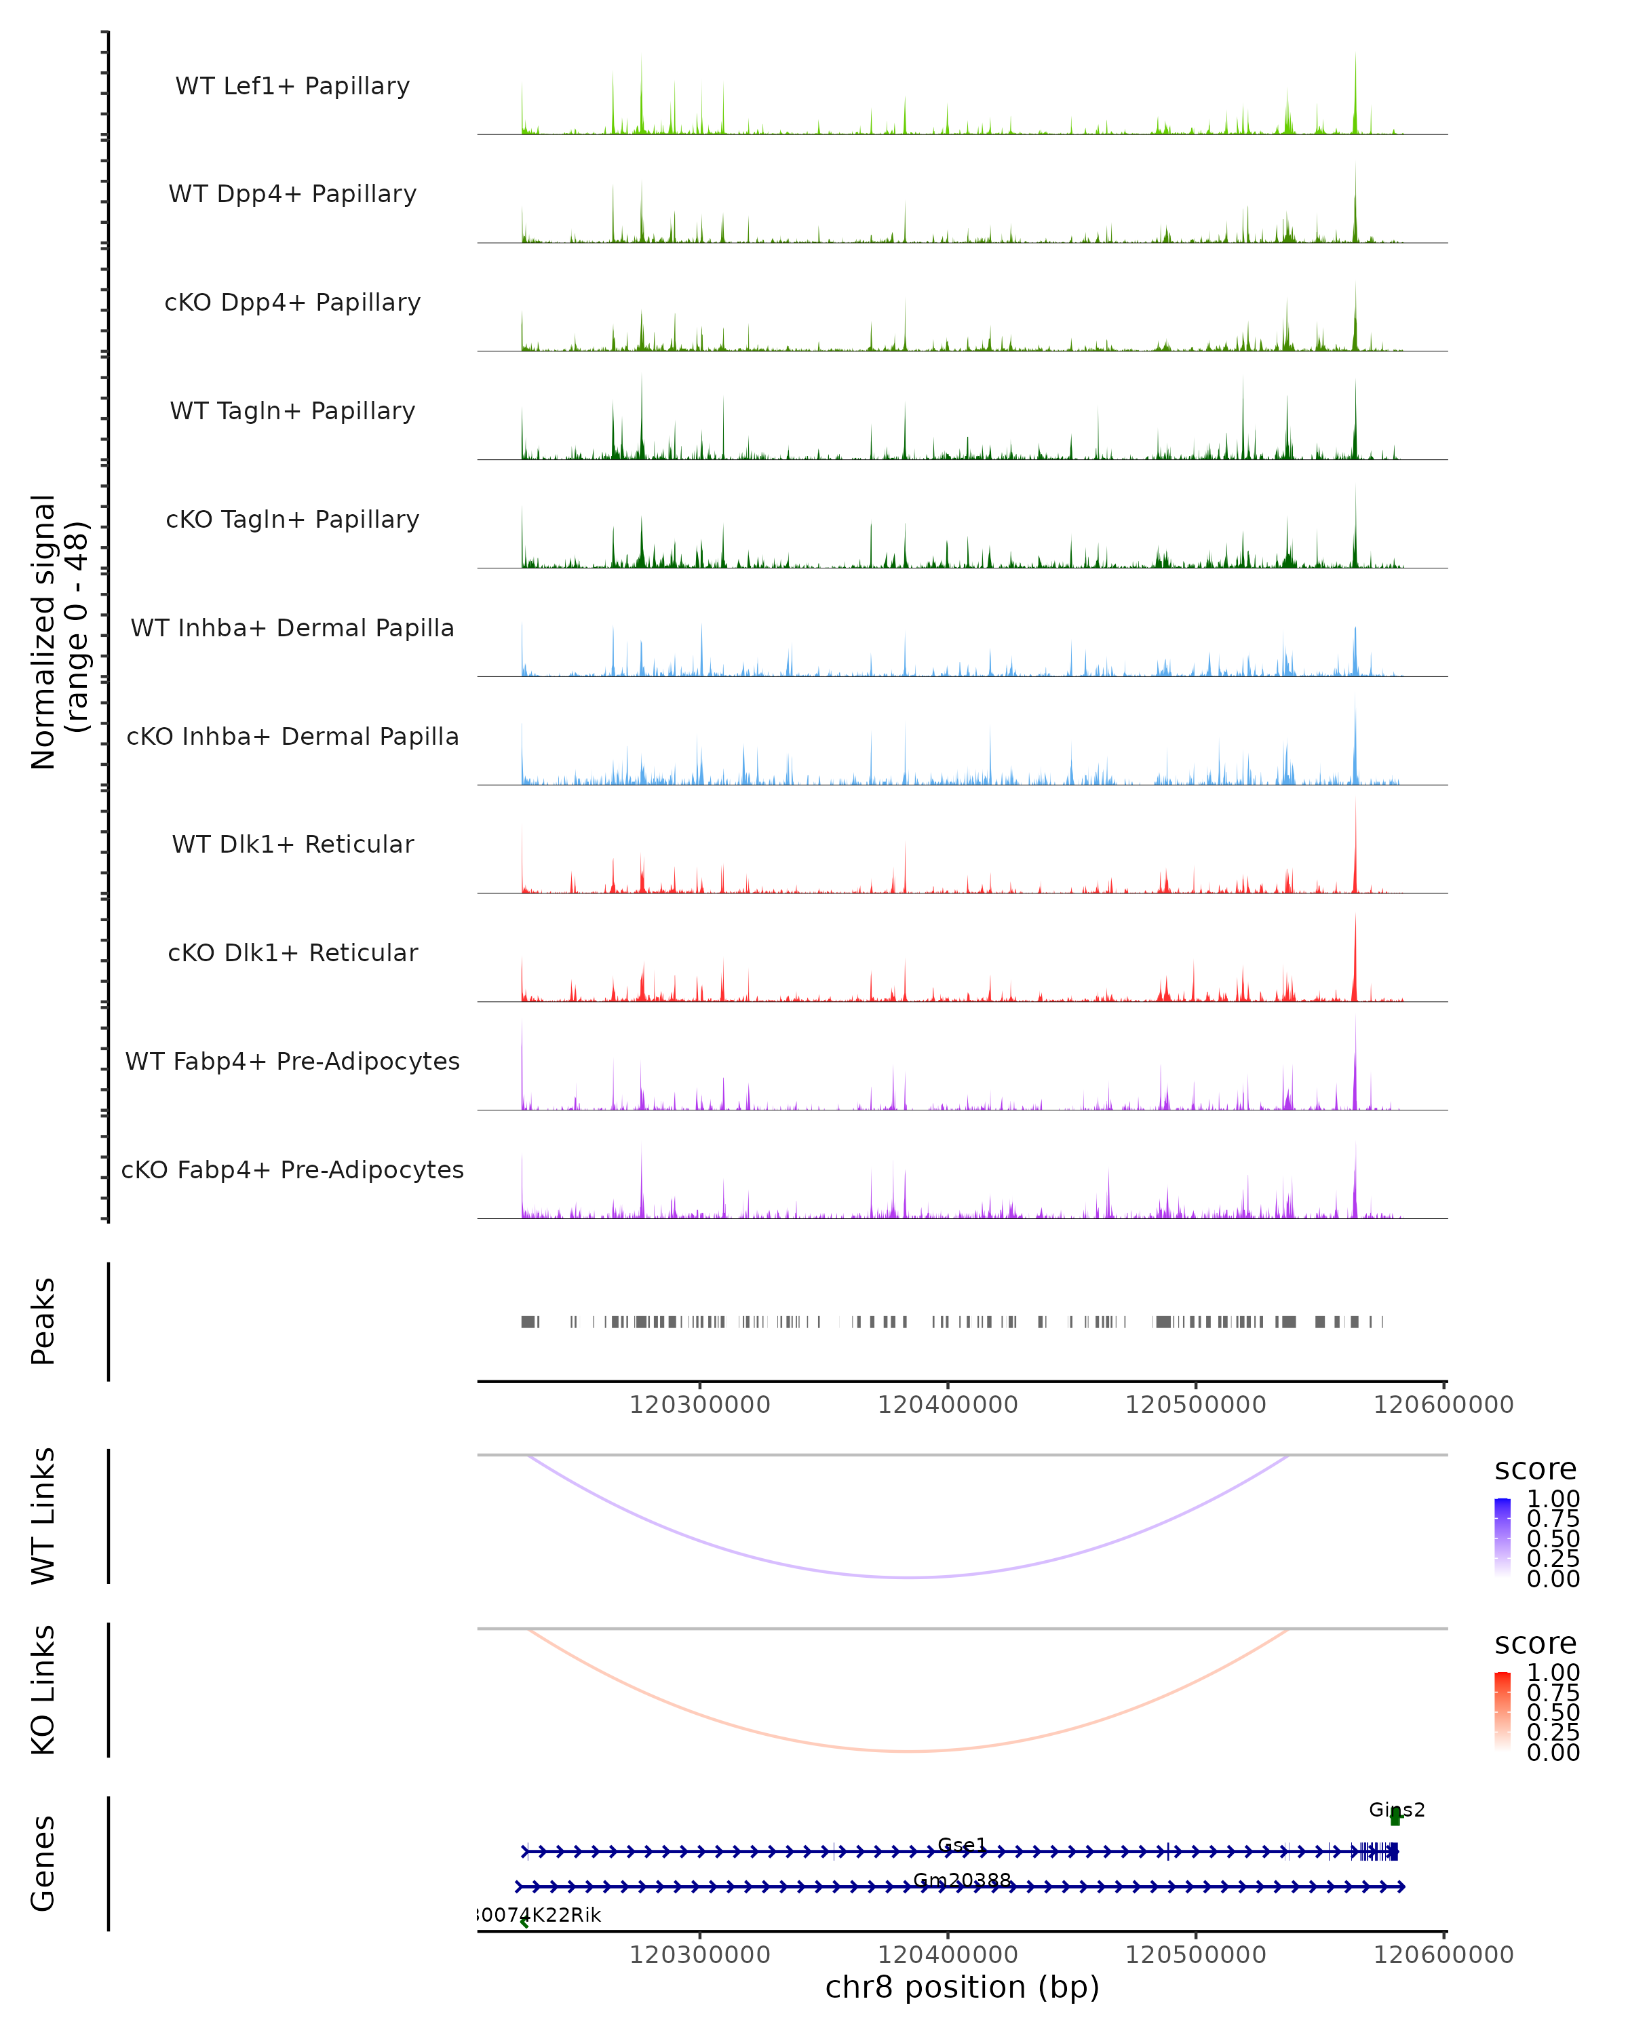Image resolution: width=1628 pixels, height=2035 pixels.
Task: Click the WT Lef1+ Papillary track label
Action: click(292, 86)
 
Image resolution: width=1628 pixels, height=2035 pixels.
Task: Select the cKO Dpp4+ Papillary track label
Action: click(292, 303)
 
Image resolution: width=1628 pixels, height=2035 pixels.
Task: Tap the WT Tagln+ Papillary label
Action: click(292, 412)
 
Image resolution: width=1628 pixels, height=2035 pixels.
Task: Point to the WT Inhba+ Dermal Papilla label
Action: click(292, 629)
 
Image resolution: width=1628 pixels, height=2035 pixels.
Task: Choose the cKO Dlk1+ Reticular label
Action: click(292, 953)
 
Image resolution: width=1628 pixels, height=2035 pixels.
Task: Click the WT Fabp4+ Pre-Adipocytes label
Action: click(292, 1062)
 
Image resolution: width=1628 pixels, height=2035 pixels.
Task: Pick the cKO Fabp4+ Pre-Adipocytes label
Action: click(292, 1170)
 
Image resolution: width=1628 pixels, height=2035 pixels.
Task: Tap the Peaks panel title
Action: click(43, 1321)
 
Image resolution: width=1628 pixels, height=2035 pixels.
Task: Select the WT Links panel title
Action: click(43, 1517)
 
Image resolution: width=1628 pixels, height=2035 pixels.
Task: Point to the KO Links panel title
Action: click(43, 1690)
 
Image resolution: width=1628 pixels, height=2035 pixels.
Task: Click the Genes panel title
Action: click(43, 1863)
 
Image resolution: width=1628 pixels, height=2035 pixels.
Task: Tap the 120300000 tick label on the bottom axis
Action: click(699, 1955)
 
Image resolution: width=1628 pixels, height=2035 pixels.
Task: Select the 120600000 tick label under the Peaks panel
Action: click(1443, 1405)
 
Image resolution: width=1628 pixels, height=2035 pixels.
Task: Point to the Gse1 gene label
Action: click(962, 1845)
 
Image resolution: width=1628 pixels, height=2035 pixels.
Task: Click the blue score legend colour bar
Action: click(1503, 1538)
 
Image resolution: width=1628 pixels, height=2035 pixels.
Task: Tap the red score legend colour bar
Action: click(1503, 1711)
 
